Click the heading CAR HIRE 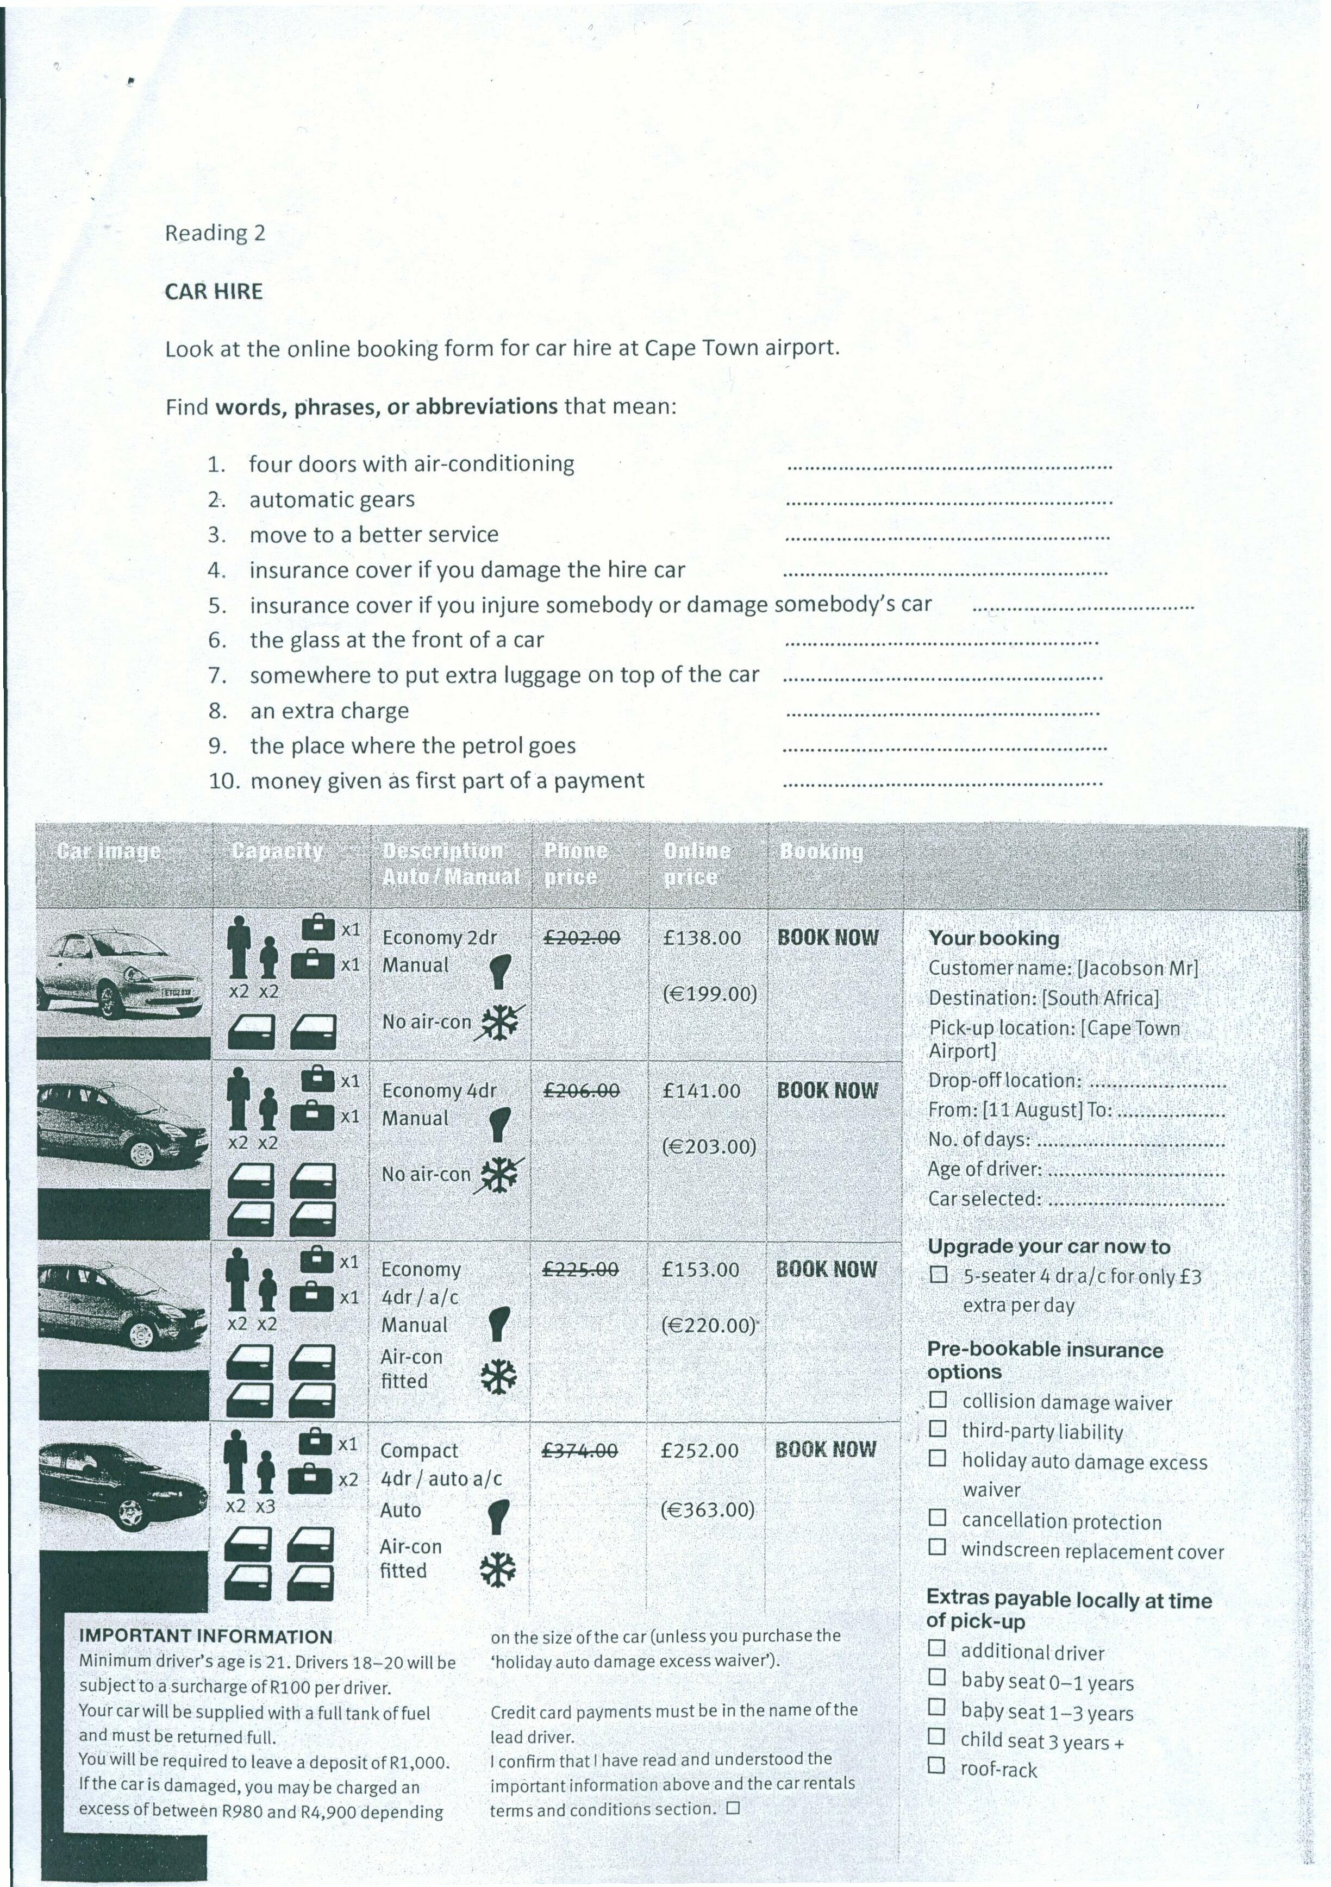click(214, 292)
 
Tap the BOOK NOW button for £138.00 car click(828, 938)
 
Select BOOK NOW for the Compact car click(826, 1449)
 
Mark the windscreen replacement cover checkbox click(937, 1547)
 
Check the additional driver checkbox click(936, 1648)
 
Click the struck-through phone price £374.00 click(579, 1451)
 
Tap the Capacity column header click(277, 851)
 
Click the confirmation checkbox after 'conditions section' click(733, 1808)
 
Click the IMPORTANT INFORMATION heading click(205, 1637)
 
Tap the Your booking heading click(993, 938)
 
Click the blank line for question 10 click(943, 783)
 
